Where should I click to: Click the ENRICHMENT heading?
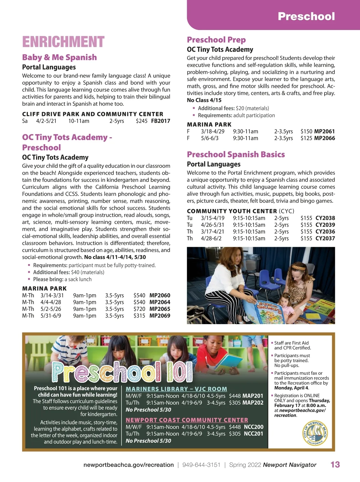(x=63, y=42)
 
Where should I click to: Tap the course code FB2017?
(x=160, y=121)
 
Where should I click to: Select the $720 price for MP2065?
(x=139, y=309)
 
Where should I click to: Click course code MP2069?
(x=160, y=316)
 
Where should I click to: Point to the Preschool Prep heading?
(x=216, y=40)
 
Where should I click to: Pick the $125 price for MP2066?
(x=306, y=138)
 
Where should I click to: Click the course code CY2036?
(x=325, y=231)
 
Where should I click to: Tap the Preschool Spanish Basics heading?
(x=236, y=154)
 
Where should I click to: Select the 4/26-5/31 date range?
(x=212, y=225)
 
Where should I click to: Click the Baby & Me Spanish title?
(x=59, y=57)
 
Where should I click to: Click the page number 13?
(x=335, y=465)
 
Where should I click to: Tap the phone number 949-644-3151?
(x=201, y=465)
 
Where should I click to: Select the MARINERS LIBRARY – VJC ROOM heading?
(x=176, y=389)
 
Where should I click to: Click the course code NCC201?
(x=253, y=434)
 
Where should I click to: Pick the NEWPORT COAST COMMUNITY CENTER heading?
(x=187, y=420)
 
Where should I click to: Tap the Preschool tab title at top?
(x=306, y=16)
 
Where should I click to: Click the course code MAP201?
(x=253, y=396)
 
